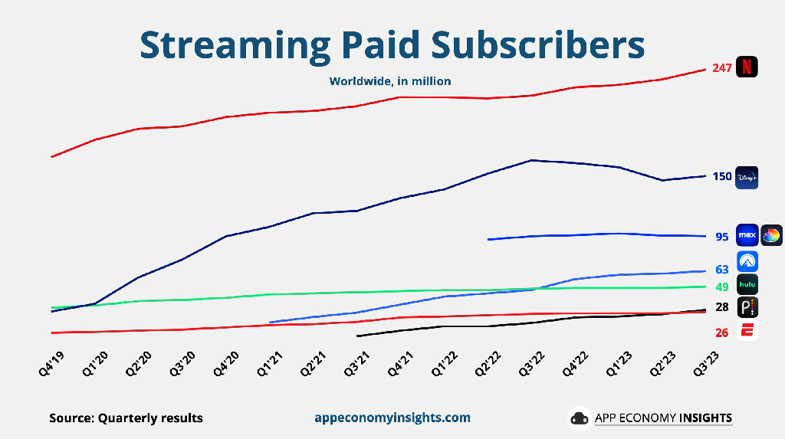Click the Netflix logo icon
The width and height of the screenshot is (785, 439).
[747, 67]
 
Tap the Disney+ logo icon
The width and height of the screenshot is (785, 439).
[747, 177]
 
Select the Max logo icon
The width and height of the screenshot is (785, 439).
[747, 235]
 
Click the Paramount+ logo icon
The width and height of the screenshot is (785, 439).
[747, 261]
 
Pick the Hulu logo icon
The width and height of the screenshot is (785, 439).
[747, 285]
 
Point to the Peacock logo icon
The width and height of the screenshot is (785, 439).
[747, 308]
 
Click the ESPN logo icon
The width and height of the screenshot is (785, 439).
[747, 331]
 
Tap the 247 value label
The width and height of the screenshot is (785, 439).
[721, 68]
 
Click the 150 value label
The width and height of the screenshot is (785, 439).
[721, 177]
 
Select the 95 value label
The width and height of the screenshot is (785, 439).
[721, 237]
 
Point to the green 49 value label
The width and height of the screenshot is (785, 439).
[721, 287]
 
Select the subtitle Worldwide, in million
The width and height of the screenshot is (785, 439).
[390, 81]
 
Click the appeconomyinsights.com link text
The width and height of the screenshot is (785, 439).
[392, 418]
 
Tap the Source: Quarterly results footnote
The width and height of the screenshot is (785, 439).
[126, 418]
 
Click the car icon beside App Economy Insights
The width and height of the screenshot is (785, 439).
[579, 418]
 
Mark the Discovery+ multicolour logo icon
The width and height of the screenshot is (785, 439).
[771, 235]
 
